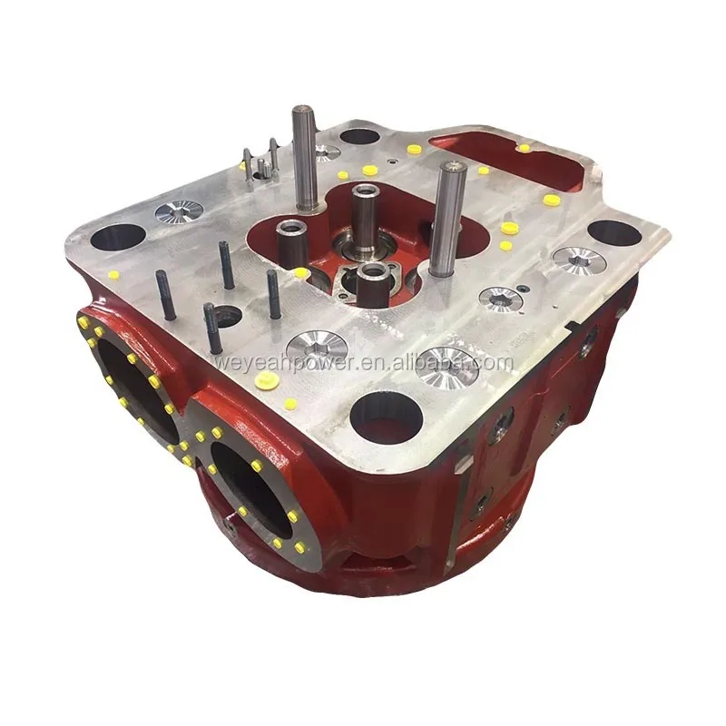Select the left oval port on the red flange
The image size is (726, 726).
tap(139, 391)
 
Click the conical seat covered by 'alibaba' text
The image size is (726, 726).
tap(446, 365)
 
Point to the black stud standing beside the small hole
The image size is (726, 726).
tap(212, 329)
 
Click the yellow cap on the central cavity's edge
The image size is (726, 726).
tap(300, 271)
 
